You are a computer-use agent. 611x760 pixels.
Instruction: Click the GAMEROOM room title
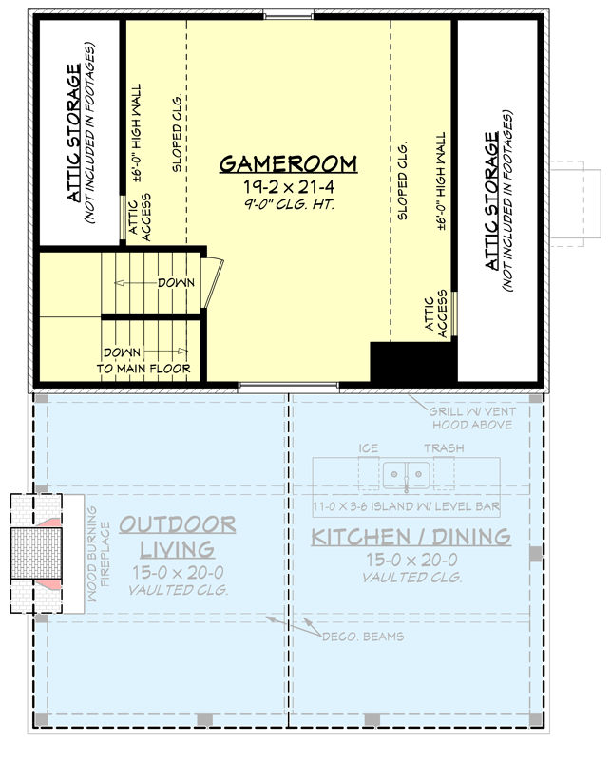tap(288, 164)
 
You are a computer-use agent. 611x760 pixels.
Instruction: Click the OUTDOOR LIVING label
tap(178, 537)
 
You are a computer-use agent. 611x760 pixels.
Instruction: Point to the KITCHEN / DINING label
tap(411, 538)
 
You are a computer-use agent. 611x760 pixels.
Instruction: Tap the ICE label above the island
tap(369, 448)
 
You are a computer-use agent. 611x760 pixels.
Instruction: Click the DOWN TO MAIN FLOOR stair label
tap(143, 360)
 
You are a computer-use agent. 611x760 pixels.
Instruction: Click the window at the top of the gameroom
tap(290, 14)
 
